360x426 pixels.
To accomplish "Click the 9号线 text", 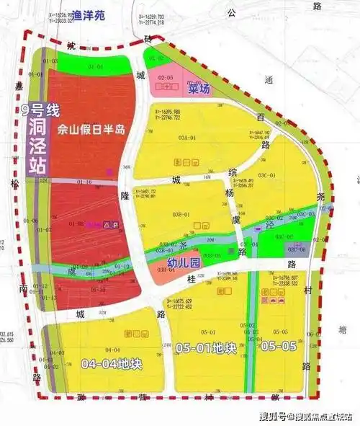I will [x=40, y=110].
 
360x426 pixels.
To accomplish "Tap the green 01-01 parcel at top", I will [x=96, y=67].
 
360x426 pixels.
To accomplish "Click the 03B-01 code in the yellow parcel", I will [x=179, y=214].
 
